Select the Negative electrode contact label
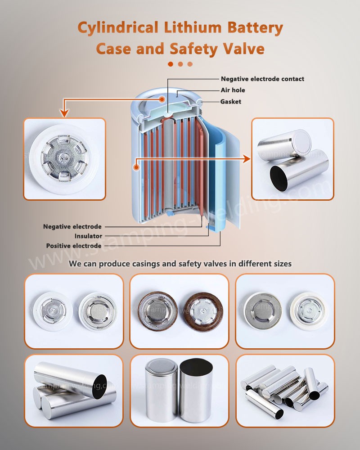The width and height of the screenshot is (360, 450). tap(262, 79)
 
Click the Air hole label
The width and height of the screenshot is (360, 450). tap(233, 90)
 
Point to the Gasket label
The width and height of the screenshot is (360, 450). tap(230, 102)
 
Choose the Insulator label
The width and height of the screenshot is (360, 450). tap(88, 236)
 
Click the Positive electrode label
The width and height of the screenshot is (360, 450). tap(74, 246)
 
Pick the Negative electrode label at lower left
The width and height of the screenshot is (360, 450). tap(72, 226)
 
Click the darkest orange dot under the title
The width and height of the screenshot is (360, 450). tap(171, 64)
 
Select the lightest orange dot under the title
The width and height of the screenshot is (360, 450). tap(190, 64)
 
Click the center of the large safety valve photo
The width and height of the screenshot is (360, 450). tap(64, 159)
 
